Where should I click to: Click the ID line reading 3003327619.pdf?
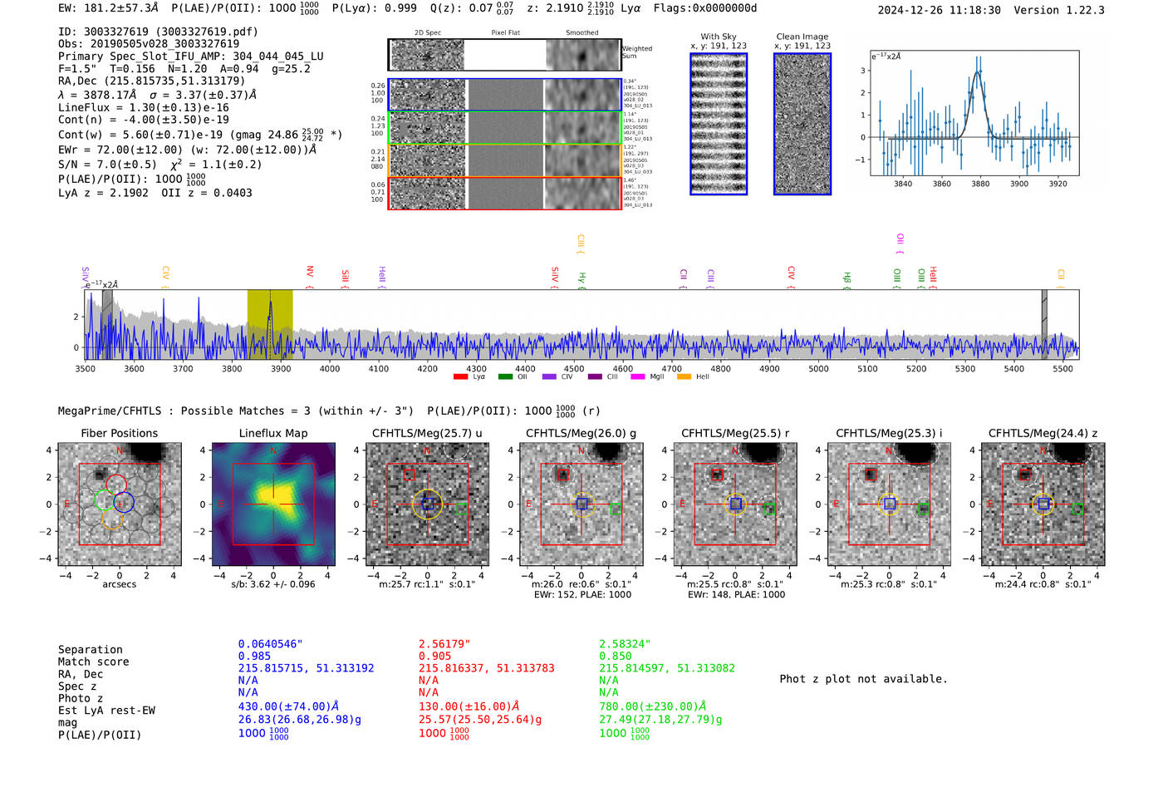click(x=158, y=32)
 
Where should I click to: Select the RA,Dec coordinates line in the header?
click(x=151, y=81)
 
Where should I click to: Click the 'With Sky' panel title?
click(x=719, y=37)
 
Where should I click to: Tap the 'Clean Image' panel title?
click(x=802, y=37)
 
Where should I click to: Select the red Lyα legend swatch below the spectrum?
click(x=460, y=376)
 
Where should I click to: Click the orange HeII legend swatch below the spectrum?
click(x=684, y=376)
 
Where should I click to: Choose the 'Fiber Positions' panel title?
click(x=119, y=433)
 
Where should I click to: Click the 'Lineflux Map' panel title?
click(x=273, y=433)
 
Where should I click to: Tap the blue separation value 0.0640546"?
click(x=270, y=644)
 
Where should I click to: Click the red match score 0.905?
click(x=435, y=656)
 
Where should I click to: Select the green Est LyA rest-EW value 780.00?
click(x=652, y=706)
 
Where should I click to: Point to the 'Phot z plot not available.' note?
click(x=863, y=679)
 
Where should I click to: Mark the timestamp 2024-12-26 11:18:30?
click(x=939, y=10)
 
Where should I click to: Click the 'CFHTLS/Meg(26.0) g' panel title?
click(x=581, y=433)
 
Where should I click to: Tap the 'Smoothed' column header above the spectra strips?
click(x=581, y=33)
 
